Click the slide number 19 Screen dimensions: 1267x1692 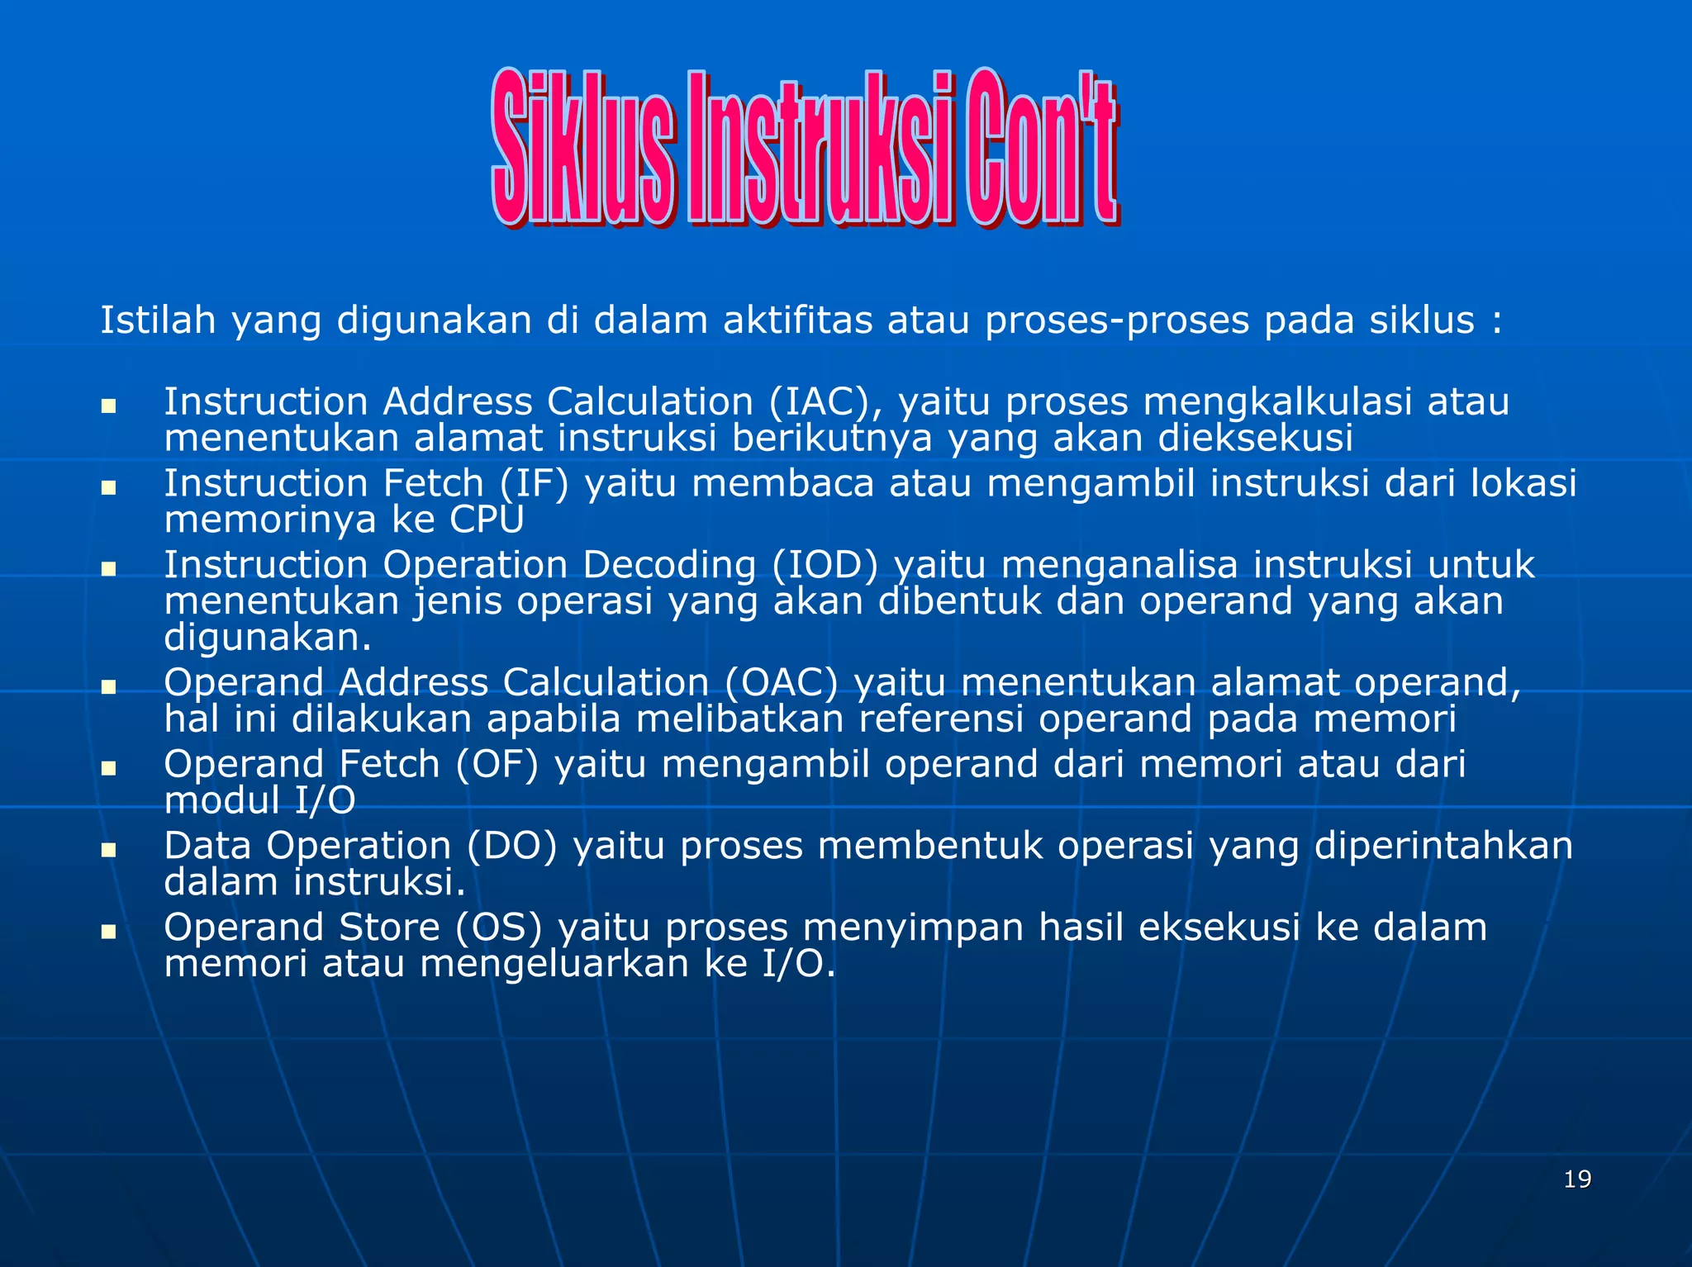tap(1577, 1179)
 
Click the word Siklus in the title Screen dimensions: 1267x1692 tap(583, 149)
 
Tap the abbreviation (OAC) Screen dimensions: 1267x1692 tap(781, 683)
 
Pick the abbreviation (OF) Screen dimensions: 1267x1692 tap(497, 764)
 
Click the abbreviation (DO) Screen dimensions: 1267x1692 tap(512, 846)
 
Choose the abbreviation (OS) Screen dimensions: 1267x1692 tap(499, 928)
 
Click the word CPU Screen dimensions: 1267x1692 tap(487, 520)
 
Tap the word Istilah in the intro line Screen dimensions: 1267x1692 tap(158, 320)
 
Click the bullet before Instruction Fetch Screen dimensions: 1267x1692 tap(108, 487)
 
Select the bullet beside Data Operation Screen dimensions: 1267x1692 tap(108, 850)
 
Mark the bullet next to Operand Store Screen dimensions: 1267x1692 tap(108, 932)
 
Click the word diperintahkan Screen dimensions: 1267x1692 tap(1443, 846)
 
